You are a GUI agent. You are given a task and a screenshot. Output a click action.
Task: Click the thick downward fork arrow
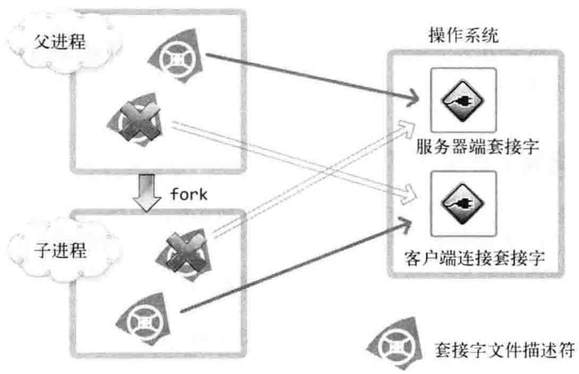(149, 192)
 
